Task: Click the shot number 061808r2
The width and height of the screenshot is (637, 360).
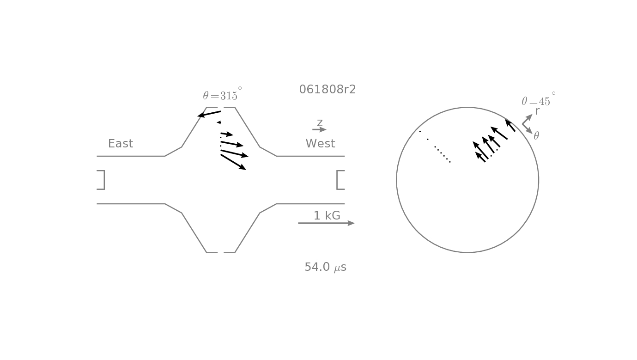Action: [328, 90]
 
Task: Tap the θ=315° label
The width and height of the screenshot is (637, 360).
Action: [222, 94]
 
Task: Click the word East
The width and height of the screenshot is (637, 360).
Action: [121, 144]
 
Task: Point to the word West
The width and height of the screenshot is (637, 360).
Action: [320, 144]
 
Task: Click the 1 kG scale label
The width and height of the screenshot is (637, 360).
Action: [327, 216]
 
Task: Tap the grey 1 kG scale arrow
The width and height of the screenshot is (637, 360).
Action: [326, 223]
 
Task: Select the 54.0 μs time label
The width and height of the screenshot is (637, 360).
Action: [326, 268]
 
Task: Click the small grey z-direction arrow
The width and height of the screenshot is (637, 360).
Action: [319, 129]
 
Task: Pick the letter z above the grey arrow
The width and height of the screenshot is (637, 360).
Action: [320, 122]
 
